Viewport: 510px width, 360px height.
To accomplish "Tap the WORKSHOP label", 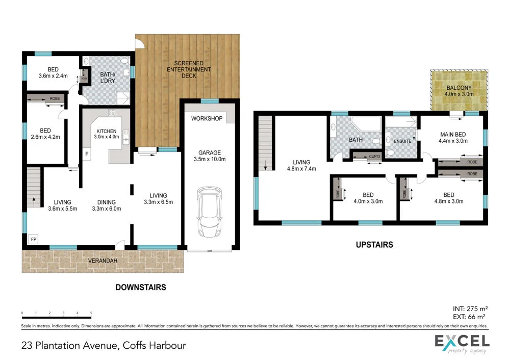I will pyautogui.click(x=207, y=119).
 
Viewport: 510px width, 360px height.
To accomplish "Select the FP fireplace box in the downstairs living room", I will pyautogui.click(x=34, y=239).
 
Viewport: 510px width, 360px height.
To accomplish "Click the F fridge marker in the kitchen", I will pyautogui.click(x=87, y=153).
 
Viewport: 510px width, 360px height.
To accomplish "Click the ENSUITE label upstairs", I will pyautogui.click(x=402, y=141).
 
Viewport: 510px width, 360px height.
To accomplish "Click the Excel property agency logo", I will pyautogui.click(x=461, y=344).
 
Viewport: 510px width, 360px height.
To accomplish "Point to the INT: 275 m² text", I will pyautogui.click(x=470, y=308).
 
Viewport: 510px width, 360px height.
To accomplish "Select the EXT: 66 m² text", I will pyautogui.click(x=470, y=317).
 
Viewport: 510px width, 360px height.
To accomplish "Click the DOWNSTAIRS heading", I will pyautogui.click(x=140, y=287).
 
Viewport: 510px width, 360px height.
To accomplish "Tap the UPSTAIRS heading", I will pyautogui.click(x=374, y=245).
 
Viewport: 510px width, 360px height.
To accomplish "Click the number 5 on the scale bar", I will pyautogui.click(x=91, y=313).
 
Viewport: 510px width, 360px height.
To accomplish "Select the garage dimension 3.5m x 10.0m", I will pyautogui.click(x=210, y=159).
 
